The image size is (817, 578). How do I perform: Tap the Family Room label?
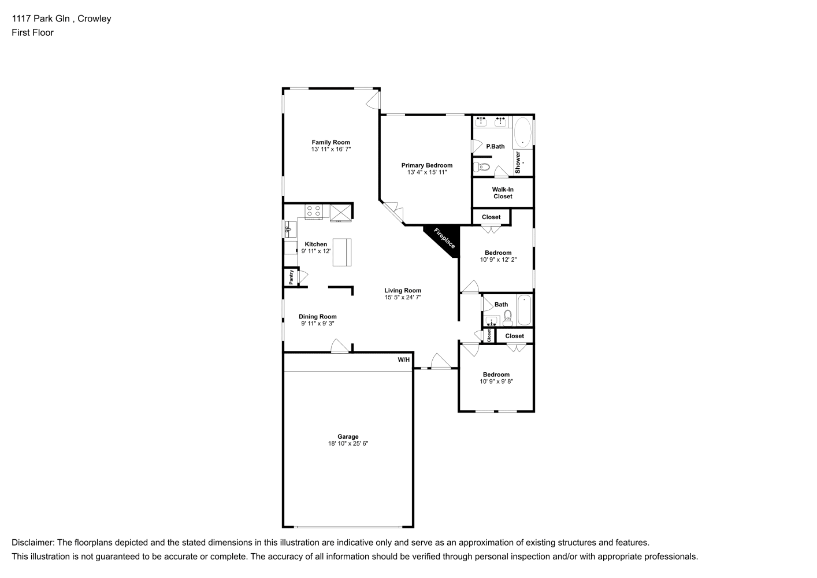(331, 142)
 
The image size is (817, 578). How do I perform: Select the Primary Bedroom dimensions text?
(427, 172)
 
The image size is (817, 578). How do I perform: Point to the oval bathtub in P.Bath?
(523, 132)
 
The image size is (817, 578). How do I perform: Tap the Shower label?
(518, 162)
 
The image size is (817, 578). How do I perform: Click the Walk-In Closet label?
(503, 193)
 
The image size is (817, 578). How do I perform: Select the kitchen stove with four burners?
(314, 212)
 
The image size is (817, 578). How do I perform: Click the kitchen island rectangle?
(341, 252)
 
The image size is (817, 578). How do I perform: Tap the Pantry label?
(291, 277)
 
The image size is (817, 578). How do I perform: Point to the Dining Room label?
(318, 317)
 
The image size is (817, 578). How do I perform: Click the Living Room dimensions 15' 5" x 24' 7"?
(403, 298)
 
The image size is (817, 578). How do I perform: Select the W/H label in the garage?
(404, 360)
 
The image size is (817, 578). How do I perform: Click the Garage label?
(348, 436)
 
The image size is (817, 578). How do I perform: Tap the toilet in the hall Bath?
(508, 317)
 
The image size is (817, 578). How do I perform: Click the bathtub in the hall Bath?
(524, 310)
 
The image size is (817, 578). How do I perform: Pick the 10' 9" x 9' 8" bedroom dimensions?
(496, 381)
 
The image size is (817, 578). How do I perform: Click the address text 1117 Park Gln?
(41, 18)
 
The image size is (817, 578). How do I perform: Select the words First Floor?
(33, 32)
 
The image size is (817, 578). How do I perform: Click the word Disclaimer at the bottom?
(33, 543)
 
